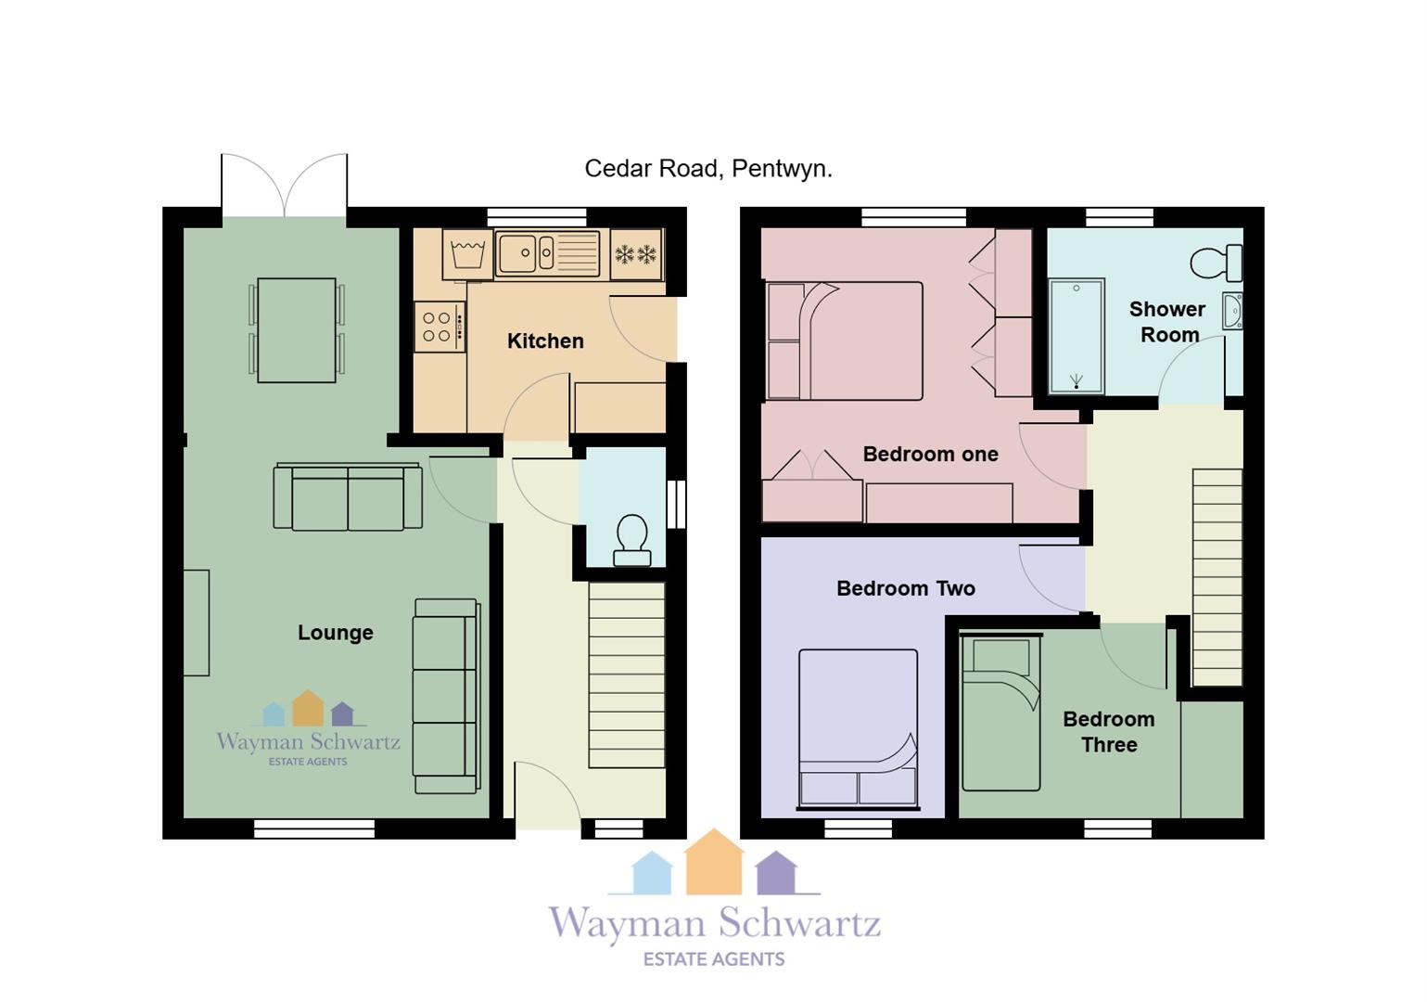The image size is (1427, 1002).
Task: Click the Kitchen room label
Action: click(545, 341)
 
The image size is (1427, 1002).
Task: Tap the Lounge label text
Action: click(336, 633)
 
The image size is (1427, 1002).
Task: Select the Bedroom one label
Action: click(930, 454)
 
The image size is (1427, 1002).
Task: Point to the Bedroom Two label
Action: click(905, 587)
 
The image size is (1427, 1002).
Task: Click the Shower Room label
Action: click(1167, 321)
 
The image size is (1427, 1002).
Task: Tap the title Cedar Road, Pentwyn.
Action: click(708, 169)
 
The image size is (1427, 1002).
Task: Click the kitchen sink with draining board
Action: click(548, 253)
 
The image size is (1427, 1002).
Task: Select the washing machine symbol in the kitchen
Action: click(467, 254)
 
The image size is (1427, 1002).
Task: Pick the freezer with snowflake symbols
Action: click(636, 254)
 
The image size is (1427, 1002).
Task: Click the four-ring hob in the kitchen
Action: click(440, 327)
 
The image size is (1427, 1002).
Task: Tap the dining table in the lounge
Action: click(296, 330)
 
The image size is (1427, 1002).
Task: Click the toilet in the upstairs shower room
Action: click(1217, 263)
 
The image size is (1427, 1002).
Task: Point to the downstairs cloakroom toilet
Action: click(632, 541)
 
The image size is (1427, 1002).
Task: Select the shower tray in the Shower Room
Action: click(1077, 335)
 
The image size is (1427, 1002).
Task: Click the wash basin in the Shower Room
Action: click(1232, 311)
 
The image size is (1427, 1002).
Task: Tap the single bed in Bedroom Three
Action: click(1000, 713)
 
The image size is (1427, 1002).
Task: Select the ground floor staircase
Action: click(627, 675)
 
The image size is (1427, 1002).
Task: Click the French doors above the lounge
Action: click(284, 185)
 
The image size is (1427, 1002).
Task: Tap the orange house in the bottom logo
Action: click(714, 861)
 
